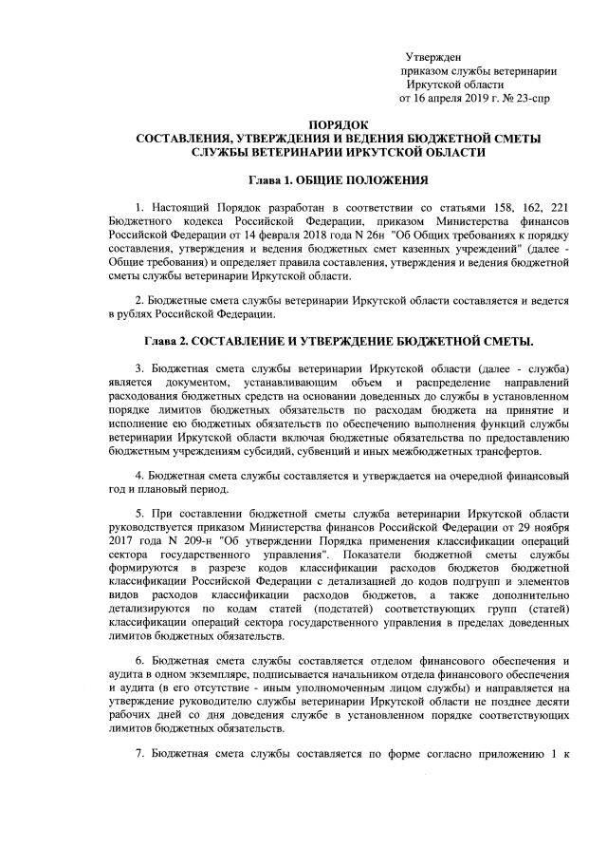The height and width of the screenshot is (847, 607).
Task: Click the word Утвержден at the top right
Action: pyautogui.click(x=433, y=58)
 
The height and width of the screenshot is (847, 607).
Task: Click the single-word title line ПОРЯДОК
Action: pyautogui.click(x=339, y=125)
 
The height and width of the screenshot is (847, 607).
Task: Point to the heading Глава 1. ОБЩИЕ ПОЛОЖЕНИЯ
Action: pyautogui.click(x=339, y=179)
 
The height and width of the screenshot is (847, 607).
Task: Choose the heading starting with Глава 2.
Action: pyautogui.click(x=339, y=341)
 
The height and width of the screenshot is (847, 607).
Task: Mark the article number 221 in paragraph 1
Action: pyautogui.click(x=558, y=207)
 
